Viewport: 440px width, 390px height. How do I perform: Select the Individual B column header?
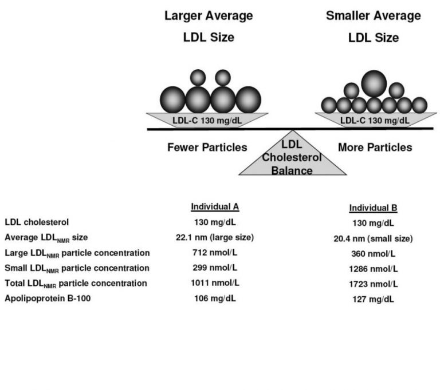(x=373, y=208)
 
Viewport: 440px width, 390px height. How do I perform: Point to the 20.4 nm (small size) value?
(x=373, y=238)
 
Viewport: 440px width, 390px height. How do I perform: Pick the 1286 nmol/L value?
(x=373, y=269)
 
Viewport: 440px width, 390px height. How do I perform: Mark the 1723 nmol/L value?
(x=373, y=284)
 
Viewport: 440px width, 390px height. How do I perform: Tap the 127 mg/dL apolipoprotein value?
(x=373, y=300)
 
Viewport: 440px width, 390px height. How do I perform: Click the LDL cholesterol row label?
(x=37, y=222)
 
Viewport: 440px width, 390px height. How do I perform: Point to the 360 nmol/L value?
(x=373, y=254)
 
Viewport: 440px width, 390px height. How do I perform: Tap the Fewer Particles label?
(x=207, y=148)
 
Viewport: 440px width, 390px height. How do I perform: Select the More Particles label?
(x=375, y=148)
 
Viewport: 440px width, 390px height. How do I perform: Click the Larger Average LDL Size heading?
(x=209, y=27)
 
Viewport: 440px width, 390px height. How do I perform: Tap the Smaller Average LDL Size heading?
(x=374, y=27)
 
